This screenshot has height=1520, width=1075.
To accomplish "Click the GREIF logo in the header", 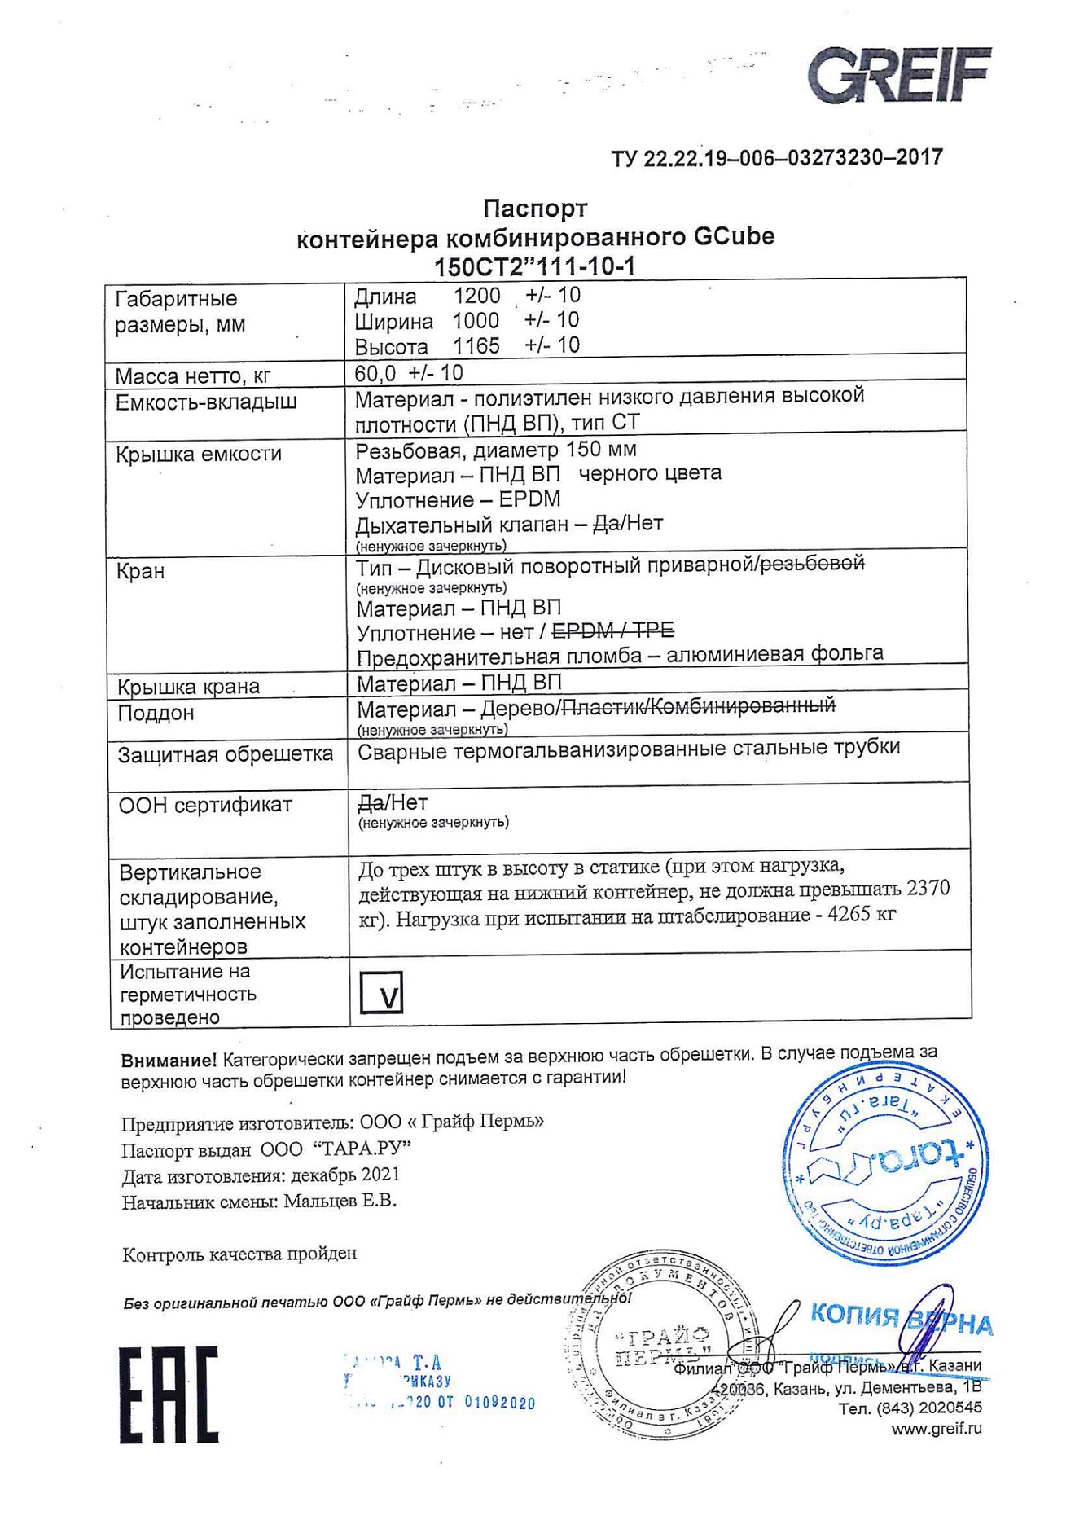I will click(899, 75).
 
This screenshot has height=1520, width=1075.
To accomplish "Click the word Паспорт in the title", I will click(534, 209).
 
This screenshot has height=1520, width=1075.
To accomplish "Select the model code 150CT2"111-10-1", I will click(534, 266).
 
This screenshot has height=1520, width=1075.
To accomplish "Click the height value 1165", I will click(476, 345).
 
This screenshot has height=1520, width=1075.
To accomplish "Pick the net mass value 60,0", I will click(375, 373).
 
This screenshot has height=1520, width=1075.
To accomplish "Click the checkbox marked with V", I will click(381, 992).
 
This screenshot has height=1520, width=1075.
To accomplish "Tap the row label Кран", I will click(140, 571).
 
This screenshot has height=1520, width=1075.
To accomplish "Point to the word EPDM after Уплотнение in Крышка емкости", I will click(529, 499).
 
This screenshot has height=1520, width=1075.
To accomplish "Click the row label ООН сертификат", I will click(205, 805).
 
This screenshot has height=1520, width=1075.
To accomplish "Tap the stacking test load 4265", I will click(850, 914).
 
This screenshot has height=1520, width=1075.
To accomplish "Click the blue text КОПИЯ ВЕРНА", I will click(901, 1318).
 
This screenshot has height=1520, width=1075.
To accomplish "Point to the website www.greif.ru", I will click(936, 1428).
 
